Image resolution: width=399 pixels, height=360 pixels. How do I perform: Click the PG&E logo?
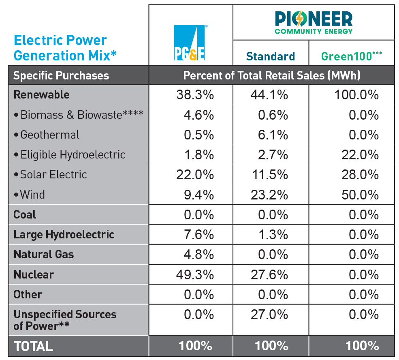(190, 43)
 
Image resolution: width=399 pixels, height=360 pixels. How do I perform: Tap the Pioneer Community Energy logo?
(314, 22)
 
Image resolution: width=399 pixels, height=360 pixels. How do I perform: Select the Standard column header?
(271, 56)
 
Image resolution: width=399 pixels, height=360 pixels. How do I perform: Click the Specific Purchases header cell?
(61, 75)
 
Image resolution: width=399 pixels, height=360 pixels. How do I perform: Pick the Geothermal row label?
(49, 135)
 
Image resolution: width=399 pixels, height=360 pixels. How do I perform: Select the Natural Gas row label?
(44, 255)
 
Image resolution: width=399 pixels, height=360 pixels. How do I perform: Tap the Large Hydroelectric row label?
(64, 235)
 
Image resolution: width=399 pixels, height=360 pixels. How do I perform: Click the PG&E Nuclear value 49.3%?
(195, 274)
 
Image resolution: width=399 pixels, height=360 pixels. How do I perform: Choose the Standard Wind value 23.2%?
(271, 195)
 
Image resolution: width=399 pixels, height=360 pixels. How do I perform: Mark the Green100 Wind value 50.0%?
(360, 195)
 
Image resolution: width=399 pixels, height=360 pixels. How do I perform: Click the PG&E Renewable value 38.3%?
(195, 95)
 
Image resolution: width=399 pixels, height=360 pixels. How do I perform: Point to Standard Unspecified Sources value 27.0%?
(271, 315)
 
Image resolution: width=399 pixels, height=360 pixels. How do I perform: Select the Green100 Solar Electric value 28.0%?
(360, 175)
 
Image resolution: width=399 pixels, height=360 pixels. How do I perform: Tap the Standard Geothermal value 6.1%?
(273, 135)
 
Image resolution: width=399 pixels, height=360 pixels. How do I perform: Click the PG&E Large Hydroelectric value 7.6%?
(198, 235)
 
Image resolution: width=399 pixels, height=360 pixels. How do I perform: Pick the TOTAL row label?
(33, 346)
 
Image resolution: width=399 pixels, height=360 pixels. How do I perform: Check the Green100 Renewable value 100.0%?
(356, 95)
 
